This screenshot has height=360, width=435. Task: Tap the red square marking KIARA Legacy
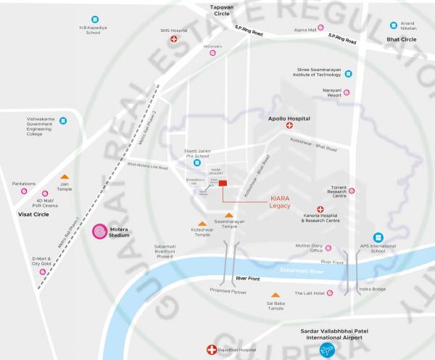[223, 184]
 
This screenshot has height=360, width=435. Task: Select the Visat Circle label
[33, 215]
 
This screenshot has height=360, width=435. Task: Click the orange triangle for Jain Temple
[65, 176]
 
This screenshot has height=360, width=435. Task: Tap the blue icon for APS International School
[378, 237]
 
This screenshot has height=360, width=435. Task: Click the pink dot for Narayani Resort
[347, 92]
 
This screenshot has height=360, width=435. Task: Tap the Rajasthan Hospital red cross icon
[212, 350]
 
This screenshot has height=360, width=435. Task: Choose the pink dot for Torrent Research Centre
[352, 191]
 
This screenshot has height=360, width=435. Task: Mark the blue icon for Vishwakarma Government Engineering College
[63, 120]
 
